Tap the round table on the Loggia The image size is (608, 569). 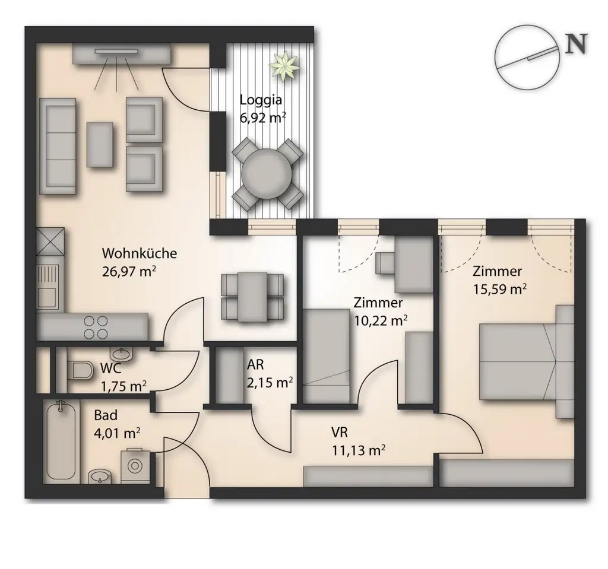[x=267, y=174]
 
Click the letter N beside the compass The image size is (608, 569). [x=576, y=43]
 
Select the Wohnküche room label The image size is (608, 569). [x=140, y=253]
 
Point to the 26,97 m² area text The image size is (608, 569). [x=129, y=271]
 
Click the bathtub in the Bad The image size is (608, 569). [x=61, y=441]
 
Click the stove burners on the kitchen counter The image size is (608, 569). [x=96, y=327]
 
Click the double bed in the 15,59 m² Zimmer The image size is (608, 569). [x=527, y=361]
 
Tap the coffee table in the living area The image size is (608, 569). [x=100, y=144]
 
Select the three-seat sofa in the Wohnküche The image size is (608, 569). [x=58, y=146]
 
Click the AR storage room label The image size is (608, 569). [x=255, y=364]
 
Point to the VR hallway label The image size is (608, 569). [x=339, y=432]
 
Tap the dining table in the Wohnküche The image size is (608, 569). [x=252, y=297]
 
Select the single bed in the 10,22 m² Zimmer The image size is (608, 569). [x=327, y=356]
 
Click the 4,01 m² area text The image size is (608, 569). [x=117, y=433]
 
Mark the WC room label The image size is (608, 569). [x=111, y=368]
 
